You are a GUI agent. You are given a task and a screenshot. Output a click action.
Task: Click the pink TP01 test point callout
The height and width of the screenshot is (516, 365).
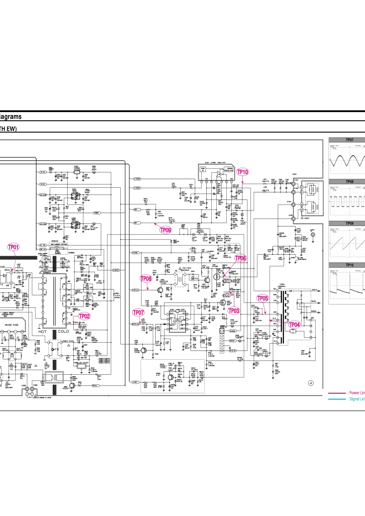(13, 247)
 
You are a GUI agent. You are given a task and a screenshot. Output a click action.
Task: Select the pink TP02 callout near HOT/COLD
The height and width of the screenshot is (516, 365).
(85, 316)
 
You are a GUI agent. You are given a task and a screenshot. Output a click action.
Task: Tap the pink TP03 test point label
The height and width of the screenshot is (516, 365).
(234, 311)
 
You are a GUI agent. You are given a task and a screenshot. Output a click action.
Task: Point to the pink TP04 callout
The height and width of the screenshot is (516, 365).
(294, 324)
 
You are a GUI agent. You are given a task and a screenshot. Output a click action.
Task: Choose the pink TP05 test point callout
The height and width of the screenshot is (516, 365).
(262, 298)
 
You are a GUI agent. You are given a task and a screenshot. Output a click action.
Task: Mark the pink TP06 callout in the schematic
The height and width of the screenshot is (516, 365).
(241, 258)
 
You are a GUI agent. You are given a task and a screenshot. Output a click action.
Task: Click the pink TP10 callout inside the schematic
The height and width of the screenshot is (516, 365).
(243, 172)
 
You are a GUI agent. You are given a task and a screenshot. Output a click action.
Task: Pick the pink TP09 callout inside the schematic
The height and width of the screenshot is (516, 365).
(166, 230)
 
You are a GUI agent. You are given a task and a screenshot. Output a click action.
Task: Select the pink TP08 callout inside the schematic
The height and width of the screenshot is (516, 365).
(146, 279)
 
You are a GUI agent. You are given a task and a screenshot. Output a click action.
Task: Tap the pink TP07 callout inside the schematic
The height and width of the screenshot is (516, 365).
(138, 313)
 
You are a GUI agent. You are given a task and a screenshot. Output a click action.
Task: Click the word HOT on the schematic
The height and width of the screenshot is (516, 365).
(42, 331)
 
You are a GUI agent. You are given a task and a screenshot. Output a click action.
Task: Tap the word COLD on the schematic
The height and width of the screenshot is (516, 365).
(63, 331)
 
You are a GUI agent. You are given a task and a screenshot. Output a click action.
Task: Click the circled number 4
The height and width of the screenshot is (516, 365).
(311, 383)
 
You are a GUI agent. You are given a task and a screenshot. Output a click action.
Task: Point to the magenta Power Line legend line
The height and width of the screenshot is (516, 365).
(337, 393)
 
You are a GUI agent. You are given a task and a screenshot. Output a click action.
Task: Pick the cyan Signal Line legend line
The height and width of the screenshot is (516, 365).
(337, 399)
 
